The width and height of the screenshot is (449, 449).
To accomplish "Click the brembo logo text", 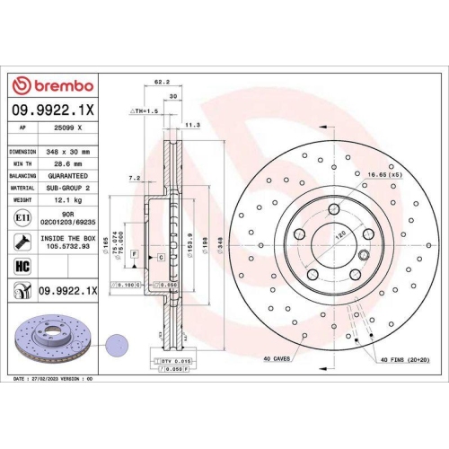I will (61, 84).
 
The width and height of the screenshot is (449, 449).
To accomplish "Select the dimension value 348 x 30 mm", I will (69, 153).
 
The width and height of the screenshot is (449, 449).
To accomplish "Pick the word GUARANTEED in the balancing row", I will (68, 178).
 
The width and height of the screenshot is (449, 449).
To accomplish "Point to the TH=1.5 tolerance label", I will (145, 110).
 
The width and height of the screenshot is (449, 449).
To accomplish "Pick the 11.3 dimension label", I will (190, 126).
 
